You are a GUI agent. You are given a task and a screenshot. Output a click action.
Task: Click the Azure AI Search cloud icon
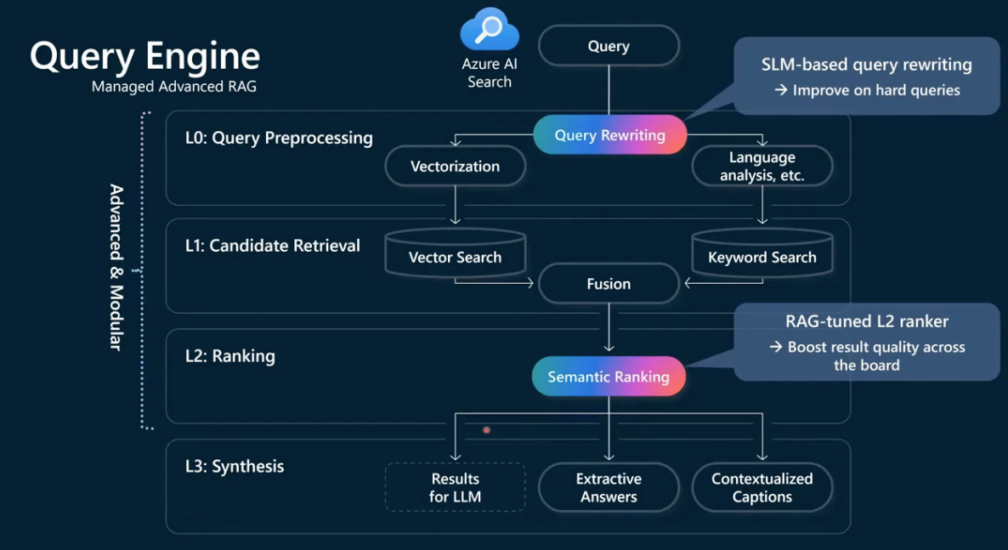[490, 29]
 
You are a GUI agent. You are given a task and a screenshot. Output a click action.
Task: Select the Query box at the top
[609, 46]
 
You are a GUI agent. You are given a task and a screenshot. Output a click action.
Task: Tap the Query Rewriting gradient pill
[610, 135]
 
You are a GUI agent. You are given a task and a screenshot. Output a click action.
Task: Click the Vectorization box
[456, 166]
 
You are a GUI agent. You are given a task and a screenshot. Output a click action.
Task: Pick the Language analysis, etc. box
[762, 166]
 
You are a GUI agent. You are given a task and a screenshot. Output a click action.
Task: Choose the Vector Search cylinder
[456, 252]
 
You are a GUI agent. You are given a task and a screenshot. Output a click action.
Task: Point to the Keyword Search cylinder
[762, 252]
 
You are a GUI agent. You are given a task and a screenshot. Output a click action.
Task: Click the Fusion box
[609, 284]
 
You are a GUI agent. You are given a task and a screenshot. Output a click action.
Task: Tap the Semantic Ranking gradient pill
[609, 377]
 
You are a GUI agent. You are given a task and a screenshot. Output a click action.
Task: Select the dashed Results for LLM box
[456, 488]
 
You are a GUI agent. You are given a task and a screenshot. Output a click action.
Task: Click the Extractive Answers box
[609, 488]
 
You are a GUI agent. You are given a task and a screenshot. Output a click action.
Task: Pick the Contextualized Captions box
[762, 488]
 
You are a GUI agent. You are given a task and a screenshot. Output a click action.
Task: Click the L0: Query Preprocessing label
[279, 139]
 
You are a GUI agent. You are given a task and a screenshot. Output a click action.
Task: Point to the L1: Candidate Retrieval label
[273, 246]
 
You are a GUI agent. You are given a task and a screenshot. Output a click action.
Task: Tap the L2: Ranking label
[230, 356]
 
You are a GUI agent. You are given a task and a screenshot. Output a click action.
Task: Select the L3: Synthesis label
[235, 467]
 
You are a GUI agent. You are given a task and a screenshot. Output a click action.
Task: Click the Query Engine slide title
[145, 57]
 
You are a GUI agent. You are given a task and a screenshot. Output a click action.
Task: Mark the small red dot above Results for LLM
[487, 429]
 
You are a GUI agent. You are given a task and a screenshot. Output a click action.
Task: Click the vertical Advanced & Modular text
[116, 268]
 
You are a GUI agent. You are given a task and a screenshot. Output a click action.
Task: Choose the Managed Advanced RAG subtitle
[174, 86]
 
